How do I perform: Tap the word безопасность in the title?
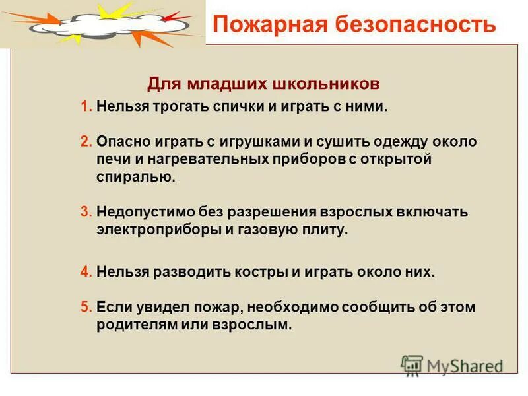tap(409, 24)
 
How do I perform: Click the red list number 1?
tap(84, 107)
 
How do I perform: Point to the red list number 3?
tap(84, 213)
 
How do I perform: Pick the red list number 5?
tap(84, 307)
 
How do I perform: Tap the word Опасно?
tap(122, 141)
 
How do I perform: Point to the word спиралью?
tap(136, 177)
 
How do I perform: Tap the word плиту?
tap(325, 230)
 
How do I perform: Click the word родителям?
tap(135, 325)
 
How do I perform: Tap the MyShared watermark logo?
tap(453, 365)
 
